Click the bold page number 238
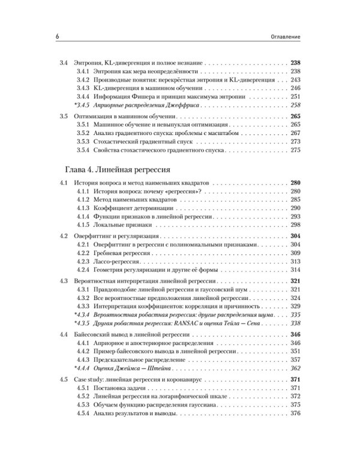[x=294, y=62]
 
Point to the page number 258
[x=294, y=104]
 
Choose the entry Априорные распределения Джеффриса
[x=146, y=104]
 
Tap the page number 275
[x=294, y=151]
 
